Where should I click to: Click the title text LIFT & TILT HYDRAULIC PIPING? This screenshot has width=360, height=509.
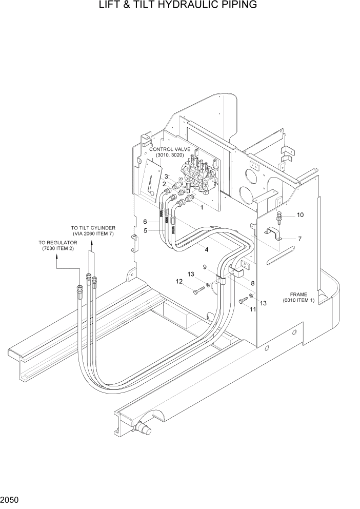(x=179, y=6)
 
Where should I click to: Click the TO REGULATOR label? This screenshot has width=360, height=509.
(x=56, y=245)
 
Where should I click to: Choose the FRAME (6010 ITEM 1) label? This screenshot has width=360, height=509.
(x=298, y=298)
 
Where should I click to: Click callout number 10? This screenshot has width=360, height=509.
(x=300, y=214)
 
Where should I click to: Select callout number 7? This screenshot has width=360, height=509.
(x=299, y=239)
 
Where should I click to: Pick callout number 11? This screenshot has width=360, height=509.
(x=252, y=309)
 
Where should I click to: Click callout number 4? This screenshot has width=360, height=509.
(x=206, y=250)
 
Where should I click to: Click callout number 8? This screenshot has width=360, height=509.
(x=253, y=283)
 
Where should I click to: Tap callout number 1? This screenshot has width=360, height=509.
(x=202, y=208)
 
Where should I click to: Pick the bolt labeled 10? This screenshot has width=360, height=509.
(x=278, y=217)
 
